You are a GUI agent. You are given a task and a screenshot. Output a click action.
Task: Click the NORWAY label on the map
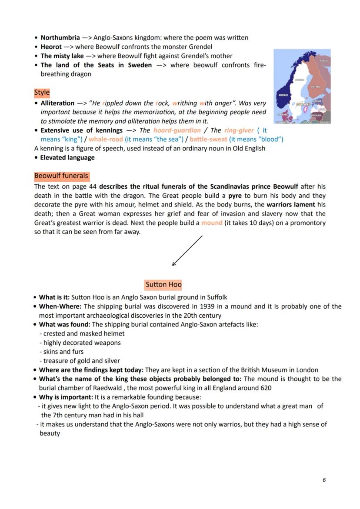click(283, 95)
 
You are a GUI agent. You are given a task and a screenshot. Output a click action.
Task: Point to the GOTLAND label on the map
click(303, 105)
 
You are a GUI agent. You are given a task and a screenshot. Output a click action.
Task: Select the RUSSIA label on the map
click(323, 61)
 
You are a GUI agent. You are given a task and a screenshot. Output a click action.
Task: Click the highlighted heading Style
click(42, 93)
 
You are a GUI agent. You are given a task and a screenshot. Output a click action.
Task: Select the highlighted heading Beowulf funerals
click(61, 176)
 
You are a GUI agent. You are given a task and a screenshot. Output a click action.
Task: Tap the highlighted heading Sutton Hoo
click(163, 285)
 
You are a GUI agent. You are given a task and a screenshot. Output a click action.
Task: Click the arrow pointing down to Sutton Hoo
click(187, 250)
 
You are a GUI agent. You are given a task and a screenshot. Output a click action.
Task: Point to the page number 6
click(324, 480)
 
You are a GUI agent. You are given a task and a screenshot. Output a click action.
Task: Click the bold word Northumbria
click(60, 37)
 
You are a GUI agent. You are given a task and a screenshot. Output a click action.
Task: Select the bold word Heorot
click(51, 47)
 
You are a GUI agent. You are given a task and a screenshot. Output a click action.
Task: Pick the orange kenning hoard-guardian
click(177, 130)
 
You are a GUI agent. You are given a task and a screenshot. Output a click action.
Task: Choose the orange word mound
click(212, 223)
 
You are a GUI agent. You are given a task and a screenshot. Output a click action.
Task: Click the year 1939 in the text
click(202, 306)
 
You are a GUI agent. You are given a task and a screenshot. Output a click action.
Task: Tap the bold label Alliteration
click(57, 103)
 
